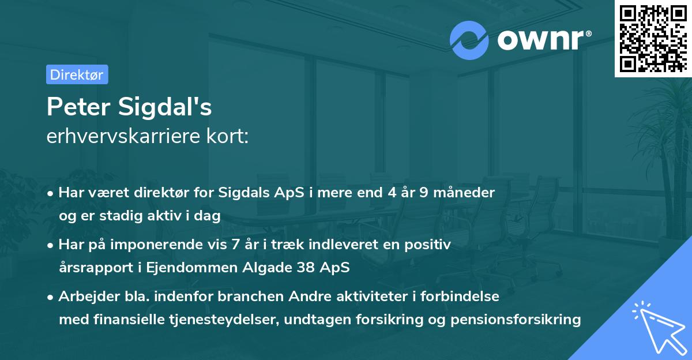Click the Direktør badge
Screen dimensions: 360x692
(x=77, y=74)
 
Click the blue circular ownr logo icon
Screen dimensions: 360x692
(x=469, y=40)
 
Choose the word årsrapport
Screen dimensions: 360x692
(x=91, y=268)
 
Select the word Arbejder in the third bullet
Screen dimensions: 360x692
(x=84, y=297)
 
